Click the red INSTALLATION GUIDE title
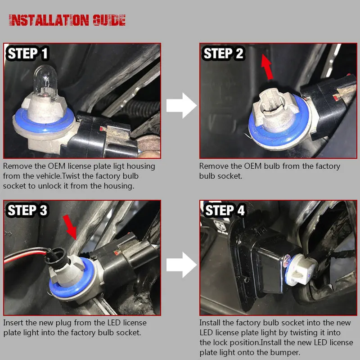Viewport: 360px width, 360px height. click(67, 20)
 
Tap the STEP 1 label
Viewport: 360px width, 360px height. click(28, 53)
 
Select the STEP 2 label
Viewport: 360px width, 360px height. click(223, 53)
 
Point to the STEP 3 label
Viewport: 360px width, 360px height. click(27, 210)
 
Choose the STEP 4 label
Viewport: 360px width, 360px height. click(225, 210)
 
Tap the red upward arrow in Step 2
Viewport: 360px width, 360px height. click(267, 67)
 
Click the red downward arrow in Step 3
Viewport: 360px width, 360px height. click(70, 227)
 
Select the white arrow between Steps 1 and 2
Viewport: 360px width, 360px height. click(181, 106)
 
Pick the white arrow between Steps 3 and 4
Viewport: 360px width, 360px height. click(181, 265)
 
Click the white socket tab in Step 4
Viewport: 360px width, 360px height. click(301, 270)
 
